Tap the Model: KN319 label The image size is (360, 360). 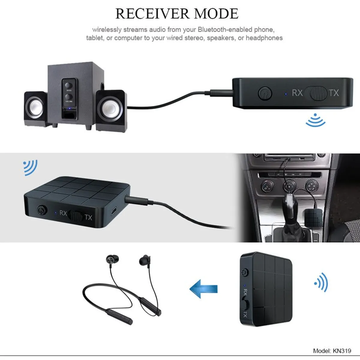[332, 350]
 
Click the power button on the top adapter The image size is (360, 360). [265, 93]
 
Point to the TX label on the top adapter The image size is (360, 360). [334, 93]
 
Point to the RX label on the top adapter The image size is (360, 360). [297, 93]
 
